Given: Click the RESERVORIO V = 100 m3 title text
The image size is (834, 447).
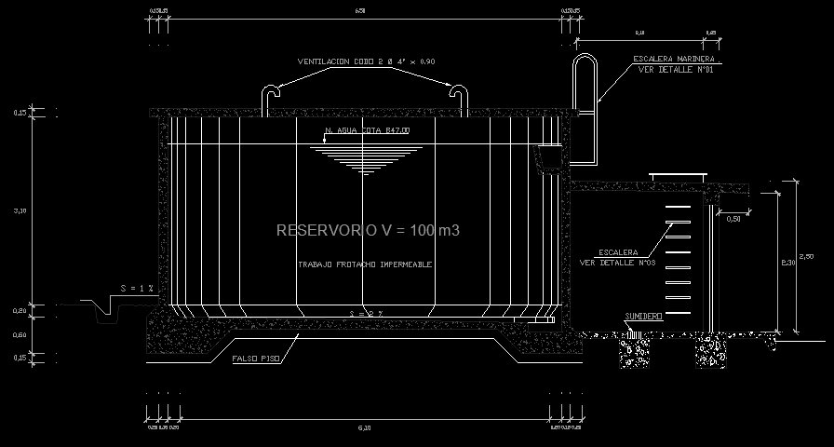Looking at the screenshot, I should pos(368,229).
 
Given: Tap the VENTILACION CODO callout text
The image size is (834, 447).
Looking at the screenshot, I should pos(366,61).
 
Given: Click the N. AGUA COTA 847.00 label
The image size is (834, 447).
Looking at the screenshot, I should pos(366,131).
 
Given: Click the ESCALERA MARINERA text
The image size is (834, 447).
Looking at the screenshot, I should pos(679,59).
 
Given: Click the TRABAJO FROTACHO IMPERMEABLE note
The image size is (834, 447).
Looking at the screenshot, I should pos(365,264).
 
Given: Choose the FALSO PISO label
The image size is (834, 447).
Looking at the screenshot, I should pos(257,358).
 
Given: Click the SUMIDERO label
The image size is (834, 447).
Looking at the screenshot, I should pos(643,317).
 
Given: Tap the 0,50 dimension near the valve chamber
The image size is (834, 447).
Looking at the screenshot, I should pos(733,219).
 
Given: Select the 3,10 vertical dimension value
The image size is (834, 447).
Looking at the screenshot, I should pos(20,211).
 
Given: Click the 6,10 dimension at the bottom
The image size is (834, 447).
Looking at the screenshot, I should pos(364,427).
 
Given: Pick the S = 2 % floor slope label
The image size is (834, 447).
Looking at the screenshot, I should pos(365,313).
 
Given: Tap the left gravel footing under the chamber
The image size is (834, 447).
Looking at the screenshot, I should pos(635,352).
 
